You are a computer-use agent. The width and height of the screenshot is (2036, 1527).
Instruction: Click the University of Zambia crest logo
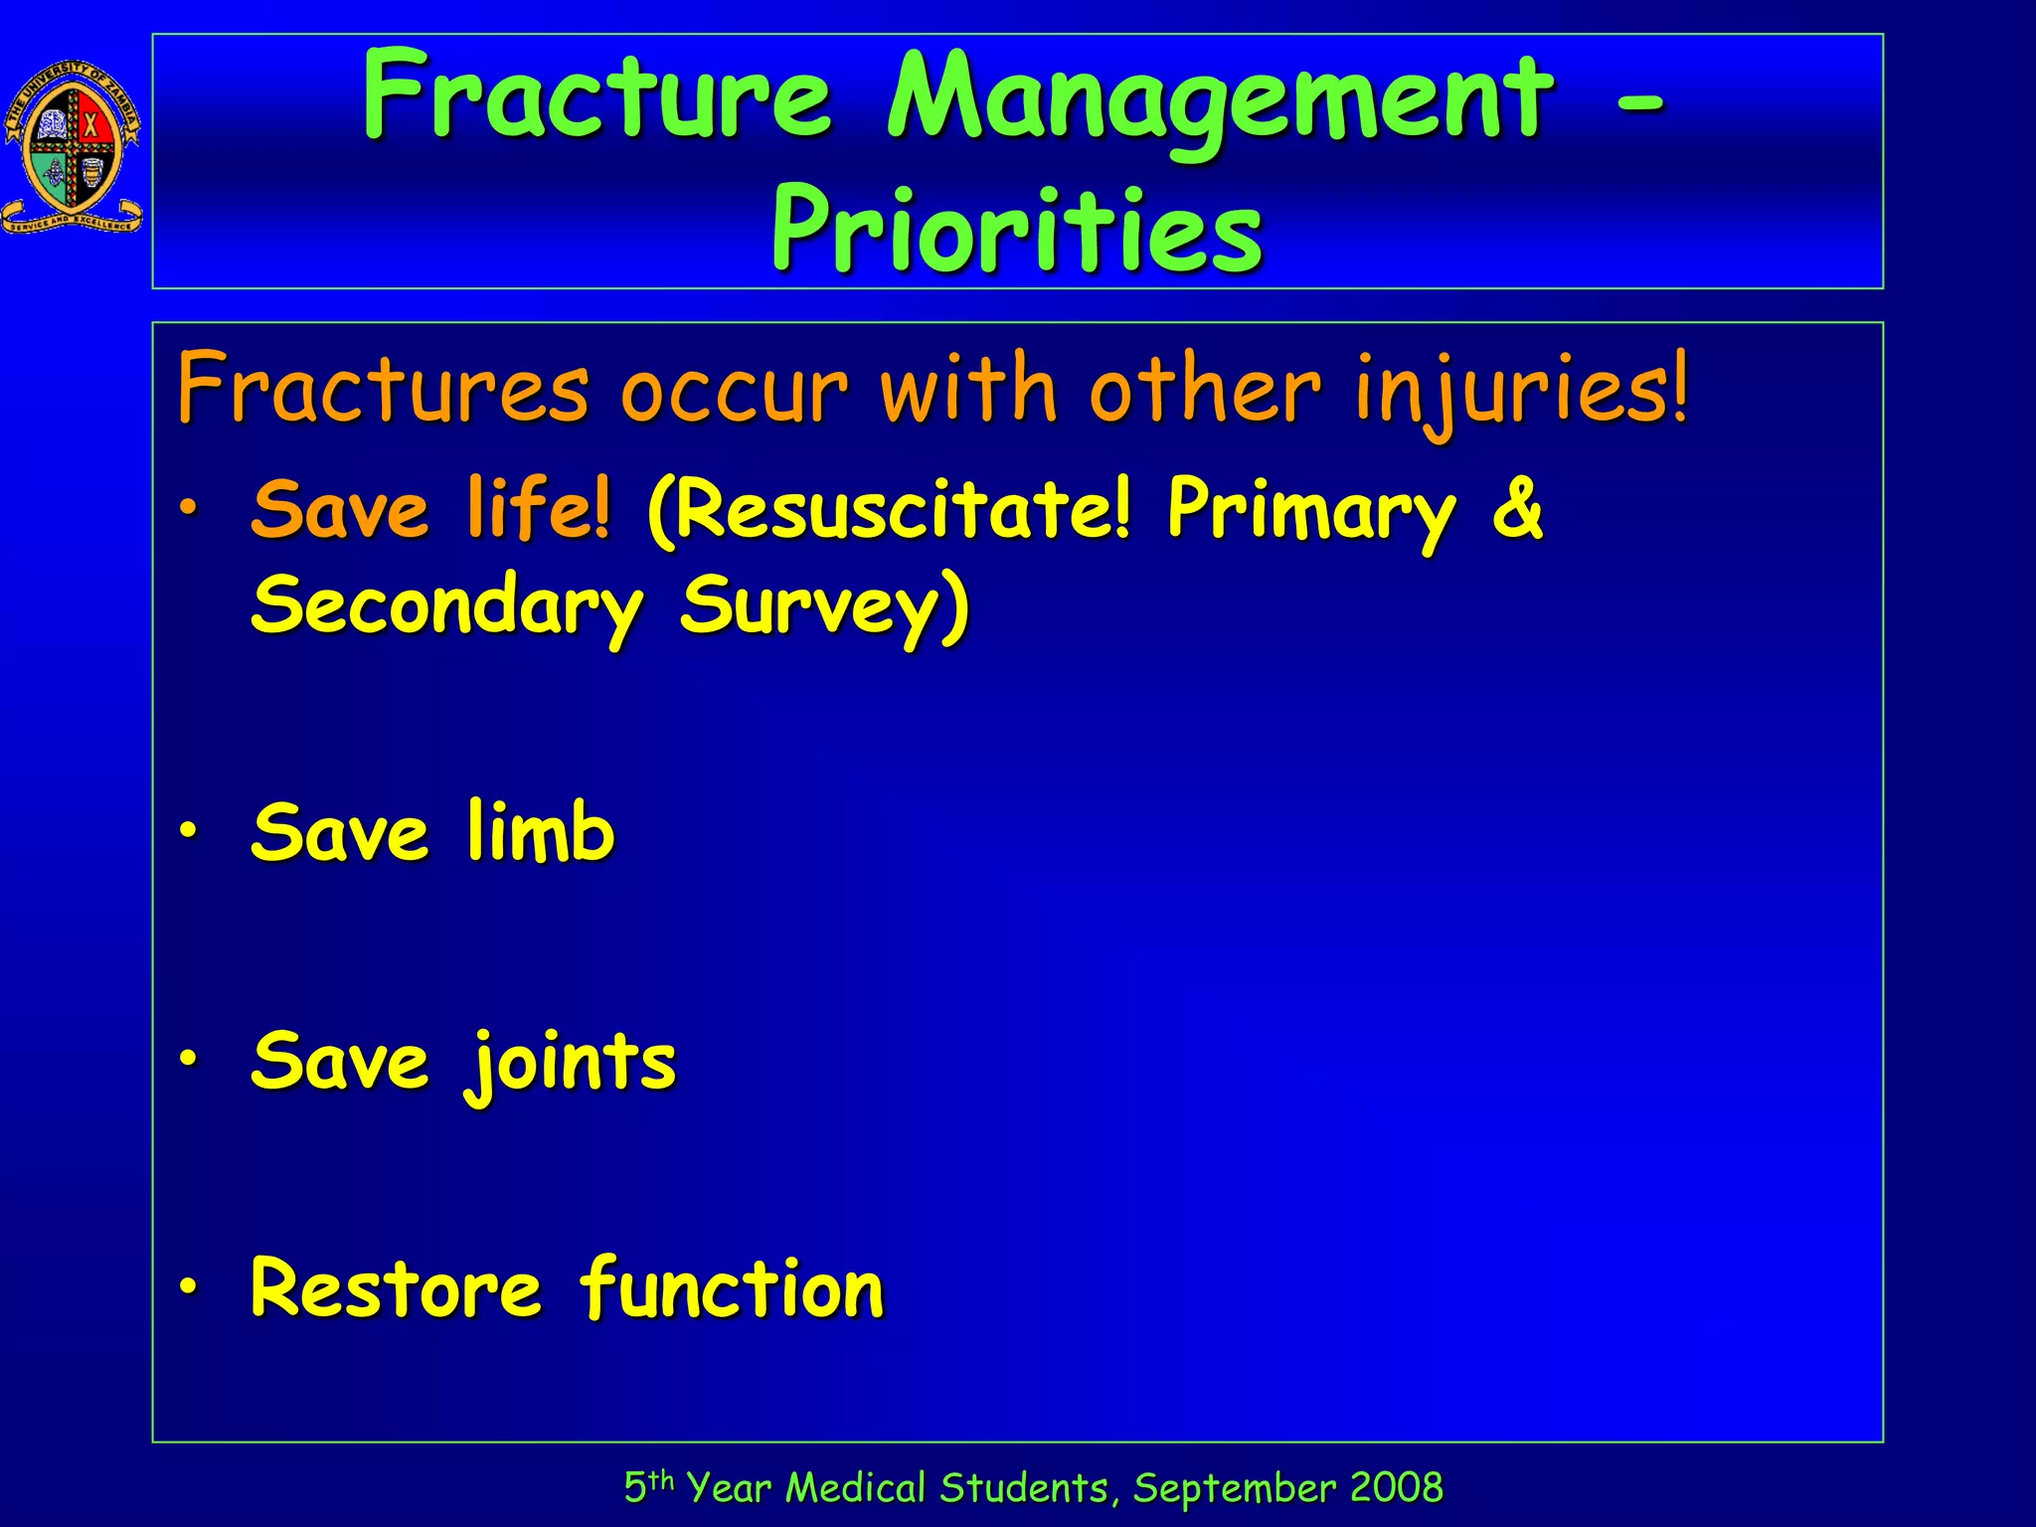click(73, 147)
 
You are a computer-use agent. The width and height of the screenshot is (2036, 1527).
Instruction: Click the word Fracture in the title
click(596, 96)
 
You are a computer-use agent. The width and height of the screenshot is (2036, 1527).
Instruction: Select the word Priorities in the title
click(1016, 232)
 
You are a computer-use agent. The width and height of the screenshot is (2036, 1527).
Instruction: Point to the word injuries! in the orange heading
click(1521, 390)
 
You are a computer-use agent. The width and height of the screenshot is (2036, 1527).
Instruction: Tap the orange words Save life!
click(430, 509)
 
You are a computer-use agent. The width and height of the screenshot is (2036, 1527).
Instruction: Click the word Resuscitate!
click(889, 509)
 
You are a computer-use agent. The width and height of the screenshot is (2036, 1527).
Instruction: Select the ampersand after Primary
click(1517, 509)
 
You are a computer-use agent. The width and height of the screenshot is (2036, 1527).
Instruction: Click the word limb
click(541, 832)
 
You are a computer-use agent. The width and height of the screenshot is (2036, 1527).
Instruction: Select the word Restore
click(396, 1288)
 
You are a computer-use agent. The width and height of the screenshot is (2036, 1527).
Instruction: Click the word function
click(732, 1288)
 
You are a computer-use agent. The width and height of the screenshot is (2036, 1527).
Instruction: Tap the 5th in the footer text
click(648, 1487)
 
